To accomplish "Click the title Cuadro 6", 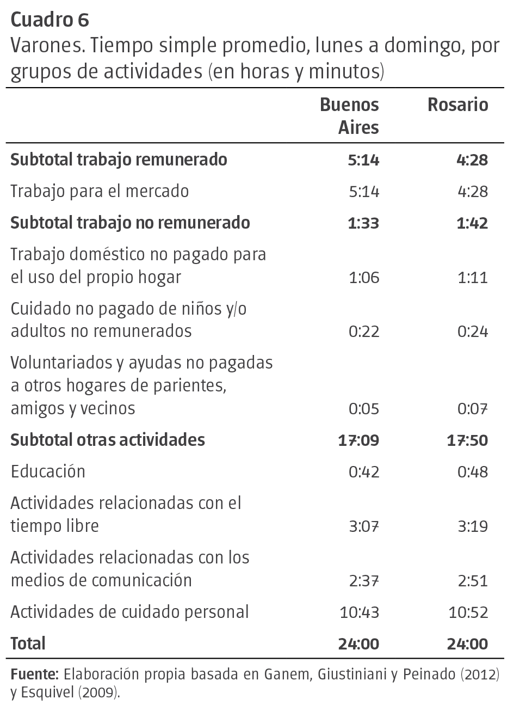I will (50, 20).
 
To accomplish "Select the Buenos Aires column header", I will (349, 116).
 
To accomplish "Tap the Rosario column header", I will (457, 105).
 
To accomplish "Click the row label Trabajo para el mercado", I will (100, 191).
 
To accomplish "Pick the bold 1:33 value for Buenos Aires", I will (364, 223).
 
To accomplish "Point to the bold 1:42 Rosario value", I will (473, 223).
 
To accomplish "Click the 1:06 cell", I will (364, 278).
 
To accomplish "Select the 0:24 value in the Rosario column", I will (473, 332).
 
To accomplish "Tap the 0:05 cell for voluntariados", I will (364, 408).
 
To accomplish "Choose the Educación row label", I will (48, 471).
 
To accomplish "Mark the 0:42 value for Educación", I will (364, 472).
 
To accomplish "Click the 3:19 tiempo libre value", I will (473, 526).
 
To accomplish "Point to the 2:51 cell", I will (473, 580).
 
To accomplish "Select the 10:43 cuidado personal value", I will (360, 612).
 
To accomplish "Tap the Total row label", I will (28, 643).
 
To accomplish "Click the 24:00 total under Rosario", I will (467, 644).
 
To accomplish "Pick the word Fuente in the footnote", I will (34, 675).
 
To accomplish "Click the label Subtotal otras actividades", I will (108, 440).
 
